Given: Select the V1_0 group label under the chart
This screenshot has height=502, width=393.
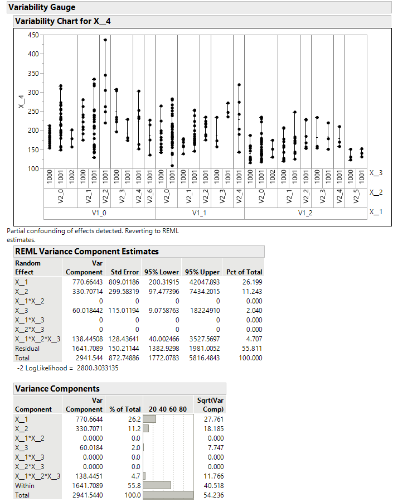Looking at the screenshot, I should coord(99,213).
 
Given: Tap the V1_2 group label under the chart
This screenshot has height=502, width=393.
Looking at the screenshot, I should coord(305,213).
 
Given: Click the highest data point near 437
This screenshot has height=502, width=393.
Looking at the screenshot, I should coord(105,40).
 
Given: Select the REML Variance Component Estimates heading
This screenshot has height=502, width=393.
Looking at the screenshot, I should coord(86,252).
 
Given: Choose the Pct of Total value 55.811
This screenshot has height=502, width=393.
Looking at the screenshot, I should coord(251,348).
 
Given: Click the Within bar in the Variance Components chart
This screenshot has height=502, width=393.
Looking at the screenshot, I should coord(157,485).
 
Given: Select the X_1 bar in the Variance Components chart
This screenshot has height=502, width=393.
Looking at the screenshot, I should coord(149,419).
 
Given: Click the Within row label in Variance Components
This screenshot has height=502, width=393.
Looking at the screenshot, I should coord(25,485).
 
